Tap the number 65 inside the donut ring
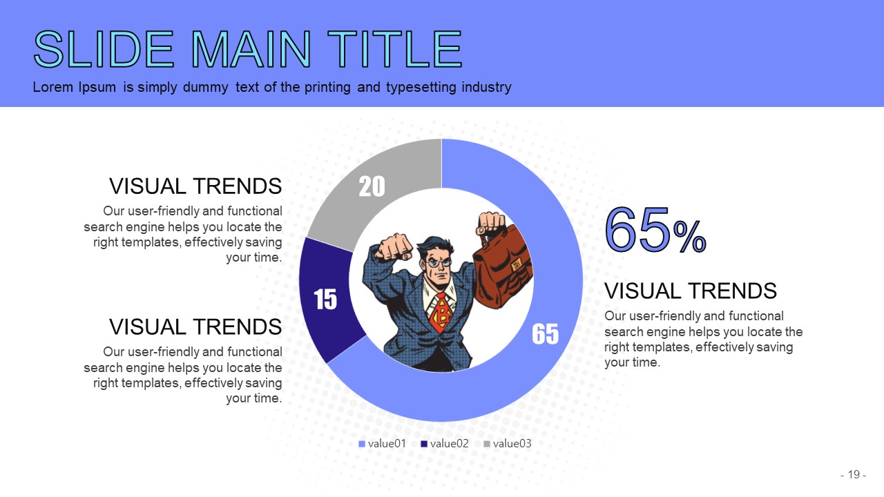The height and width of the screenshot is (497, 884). [x=546, y=333]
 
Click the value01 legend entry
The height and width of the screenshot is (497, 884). [x=382, y=444]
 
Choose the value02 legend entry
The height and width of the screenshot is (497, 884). [x=445, y=444]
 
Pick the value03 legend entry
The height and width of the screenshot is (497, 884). [x=508, y=444]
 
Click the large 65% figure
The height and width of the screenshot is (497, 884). [x=655, y=230]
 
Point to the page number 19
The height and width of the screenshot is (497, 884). [x=854, y=474]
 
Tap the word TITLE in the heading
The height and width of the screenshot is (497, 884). [x=394, y=49]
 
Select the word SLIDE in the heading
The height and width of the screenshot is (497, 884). [x=104, y=49]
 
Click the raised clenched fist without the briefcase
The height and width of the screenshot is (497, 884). [x=393, y=247]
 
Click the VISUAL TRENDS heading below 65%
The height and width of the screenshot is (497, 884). [x=691, y=291]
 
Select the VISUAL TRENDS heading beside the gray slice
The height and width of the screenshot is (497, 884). [x=195, y=186]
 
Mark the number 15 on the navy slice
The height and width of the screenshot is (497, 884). [x=325, y=300]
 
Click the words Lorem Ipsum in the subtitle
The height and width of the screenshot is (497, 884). [x=74, y=87]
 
